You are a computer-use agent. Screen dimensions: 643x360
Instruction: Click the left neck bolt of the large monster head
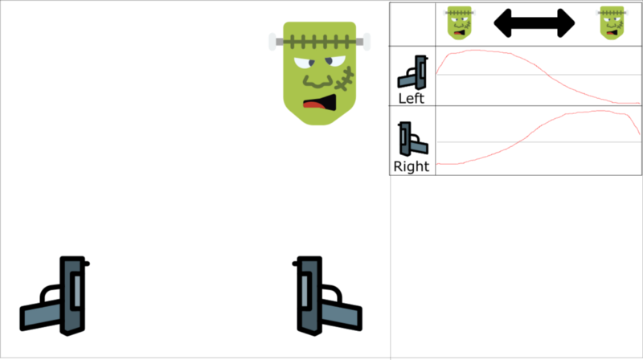(x=273, y=41)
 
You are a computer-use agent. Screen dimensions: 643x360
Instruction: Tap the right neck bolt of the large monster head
(x=366, y=41)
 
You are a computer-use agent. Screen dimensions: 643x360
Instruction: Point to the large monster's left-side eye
(x=302, y=63)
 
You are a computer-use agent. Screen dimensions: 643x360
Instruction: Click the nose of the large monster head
(x=317, y=79)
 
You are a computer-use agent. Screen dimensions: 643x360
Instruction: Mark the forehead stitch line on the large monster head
(x=319, y=41)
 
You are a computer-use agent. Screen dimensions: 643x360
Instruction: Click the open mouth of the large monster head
(x=320, y=102)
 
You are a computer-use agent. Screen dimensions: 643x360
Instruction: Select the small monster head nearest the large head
(x=459, y=22)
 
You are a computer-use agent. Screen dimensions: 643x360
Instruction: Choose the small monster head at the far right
(x=612, y=22)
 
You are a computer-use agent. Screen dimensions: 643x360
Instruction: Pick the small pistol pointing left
(x=412, y=73)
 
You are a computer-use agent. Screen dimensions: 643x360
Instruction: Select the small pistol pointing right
(x=412, y=140)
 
